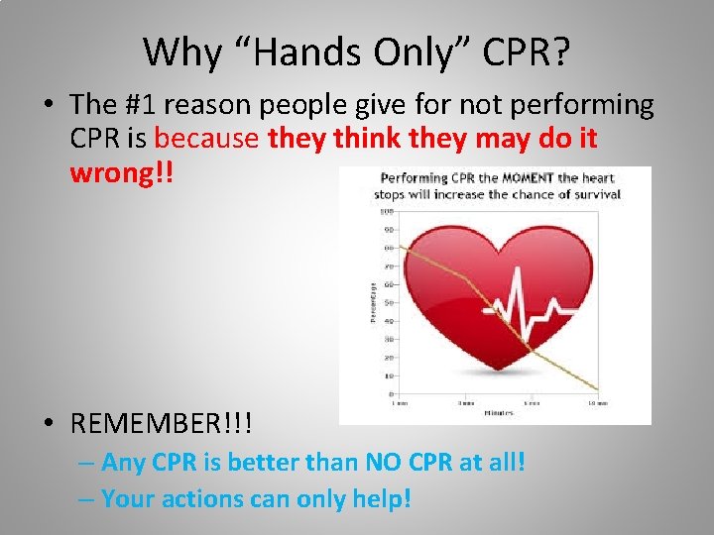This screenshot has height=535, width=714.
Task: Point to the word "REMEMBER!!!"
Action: tap(162, 424)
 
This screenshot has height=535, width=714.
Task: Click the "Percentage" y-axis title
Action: tap(372, 302)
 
